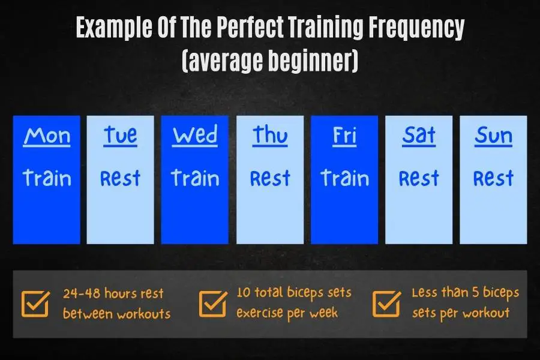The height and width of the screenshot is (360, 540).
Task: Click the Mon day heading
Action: (47, 136)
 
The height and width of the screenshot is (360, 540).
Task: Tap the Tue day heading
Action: (120, 136)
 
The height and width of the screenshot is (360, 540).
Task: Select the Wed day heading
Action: (195, 136)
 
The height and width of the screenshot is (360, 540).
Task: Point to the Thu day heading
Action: (270, 136)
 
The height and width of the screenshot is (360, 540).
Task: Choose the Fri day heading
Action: (344, 136)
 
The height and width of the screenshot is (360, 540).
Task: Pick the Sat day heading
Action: (419, 136)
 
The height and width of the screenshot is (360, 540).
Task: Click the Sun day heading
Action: (494, 136)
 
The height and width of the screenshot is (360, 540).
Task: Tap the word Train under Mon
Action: (47, 178)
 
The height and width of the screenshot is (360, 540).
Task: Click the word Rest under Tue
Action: (120, 178)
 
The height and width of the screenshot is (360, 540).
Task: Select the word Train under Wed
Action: (195, 178)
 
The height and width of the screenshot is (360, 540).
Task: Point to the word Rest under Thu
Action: (270, 178)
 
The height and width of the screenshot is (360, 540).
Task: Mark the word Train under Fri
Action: (345, 178)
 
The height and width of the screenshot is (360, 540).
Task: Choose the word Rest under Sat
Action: (419, 178)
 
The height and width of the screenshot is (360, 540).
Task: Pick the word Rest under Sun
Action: (494, 178)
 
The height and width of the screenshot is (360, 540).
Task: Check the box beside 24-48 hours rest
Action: (35, 304)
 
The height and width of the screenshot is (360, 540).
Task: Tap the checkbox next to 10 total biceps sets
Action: (213, 304)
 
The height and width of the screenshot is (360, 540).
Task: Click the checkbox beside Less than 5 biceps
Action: (386, 304)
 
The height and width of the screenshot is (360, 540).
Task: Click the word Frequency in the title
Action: (417, 28)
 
